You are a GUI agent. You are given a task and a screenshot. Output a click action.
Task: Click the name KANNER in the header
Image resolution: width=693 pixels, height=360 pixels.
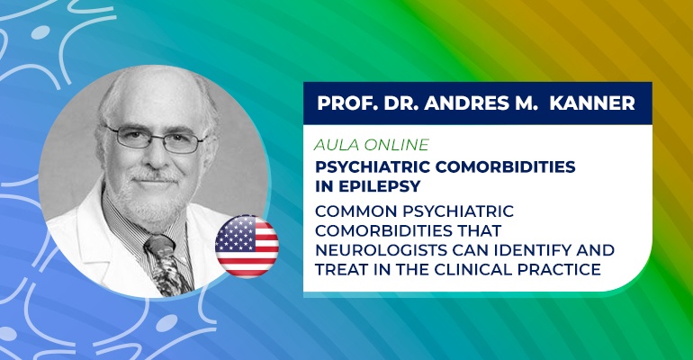[592, 103]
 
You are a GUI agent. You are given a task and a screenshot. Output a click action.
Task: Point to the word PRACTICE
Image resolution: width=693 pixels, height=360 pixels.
[559, 269]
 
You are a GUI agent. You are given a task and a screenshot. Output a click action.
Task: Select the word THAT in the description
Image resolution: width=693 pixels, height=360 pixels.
[479, 230]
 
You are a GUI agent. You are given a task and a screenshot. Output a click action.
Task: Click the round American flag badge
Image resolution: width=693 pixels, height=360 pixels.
[247, 246]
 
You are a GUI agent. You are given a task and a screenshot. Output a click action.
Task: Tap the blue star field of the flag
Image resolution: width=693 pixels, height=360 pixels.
[233, 232]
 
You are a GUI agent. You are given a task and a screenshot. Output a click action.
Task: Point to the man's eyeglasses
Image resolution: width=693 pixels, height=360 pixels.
[156, 139]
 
